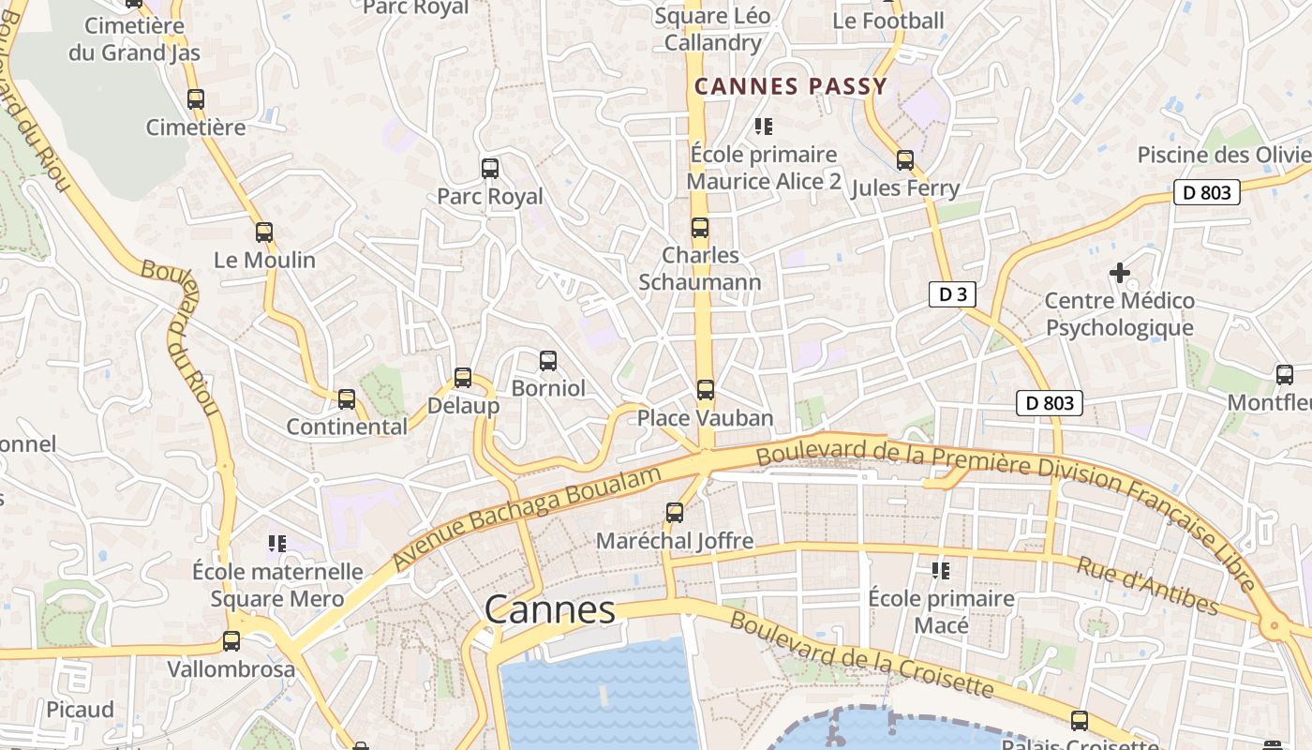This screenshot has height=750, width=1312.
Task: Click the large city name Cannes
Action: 550,610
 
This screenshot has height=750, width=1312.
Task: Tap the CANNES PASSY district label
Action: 790,87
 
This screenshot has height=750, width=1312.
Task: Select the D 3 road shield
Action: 952,294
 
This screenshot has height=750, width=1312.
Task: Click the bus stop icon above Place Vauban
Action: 706,389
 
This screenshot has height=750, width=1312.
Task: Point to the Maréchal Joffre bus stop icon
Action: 675,512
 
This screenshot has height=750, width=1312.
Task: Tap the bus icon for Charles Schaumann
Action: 700,227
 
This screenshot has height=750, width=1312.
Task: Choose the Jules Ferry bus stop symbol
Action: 905,159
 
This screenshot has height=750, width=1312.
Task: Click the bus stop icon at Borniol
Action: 548,360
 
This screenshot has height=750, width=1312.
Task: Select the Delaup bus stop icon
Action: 463,378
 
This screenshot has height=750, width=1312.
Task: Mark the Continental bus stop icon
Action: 347,399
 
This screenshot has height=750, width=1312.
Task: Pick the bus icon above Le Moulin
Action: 264,232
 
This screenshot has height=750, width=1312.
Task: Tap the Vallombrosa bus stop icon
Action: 231,641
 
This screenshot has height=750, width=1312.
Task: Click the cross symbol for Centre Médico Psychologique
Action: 1119,273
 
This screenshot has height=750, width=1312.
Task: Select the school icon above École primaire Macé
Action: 941,570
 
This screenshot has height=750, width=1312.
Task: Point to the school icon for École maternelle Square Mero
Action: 276,543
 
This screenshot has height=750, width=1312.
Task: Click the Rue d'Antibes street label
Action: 1146,586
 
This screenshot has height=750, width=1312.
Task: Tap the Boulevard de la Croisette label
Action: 860,654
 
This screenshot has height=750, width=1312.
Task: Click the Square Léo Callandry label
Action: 712,29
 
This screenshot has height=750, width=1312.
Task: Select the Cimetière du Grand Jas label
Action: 134,38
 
